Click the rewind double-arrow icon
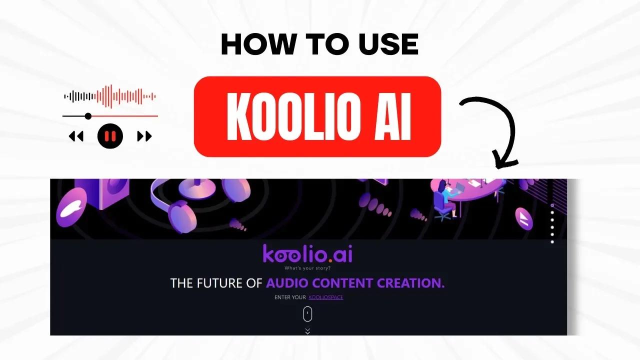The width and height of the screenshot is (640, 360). pyautogui.click(x=76, y=136)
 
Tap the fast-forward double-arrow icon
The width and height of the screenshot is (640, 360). pyautogui.click(x=144, y=136)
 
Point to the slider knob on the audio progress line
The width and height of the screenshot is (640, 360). pyautogui.click(x=88, y=116)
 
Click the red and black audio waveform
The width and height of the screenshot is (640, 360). pyautogui.click(x=110, y=96)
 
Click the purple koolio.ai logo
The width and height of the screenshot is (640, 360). pyautogui.click(x=307, y=254)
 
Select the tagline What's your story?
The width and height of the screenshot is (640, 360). pyautogui.click(x=307, y=268)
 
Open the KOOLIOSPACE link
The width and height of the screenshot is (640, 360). pyautogui.click(x=325, y=297)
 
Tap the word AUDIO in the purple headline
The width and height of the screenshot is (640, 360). pyautogui.click(x=287, y=283)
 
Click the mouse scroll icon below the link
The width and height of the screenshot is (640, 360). pyautogui.click(x=307, y=314)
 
